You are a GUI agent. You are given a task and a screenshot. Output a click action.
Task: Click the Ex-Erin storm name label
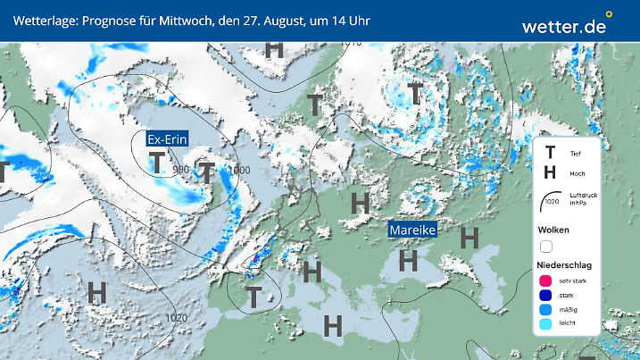173,138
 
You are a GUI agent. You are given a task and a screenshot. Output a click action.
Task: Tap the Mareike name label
412,230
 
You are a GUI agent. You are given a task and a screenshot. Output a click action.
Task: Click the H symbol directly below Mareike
409,260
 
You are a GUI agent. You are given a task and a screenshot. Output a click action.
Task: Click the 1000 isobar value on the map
239,170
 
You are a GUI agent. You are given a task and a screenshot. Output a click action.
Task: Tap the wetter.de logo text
563,27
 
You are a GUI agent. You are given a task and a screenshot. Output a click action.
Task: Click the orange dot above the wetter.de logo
609,14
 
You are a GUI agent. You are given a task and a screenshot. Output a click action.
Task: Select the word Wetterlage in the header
44,20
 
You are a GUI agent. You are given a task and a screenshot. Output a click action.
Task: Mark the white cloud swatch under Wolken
547,247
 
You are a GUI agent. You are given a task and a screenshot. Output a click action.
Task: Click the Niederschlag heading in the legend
566,265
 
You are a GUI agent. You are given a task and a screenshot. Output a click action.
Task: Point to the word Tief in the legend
575,154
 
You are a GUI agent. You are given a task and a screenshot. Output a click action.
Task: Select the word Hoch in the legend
576,174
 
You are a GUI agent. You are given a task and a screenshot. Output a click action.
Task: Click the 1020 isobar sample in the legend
551,202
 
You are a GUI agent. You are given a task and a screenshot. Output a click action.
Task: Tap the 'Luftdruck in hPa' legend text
579,201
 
